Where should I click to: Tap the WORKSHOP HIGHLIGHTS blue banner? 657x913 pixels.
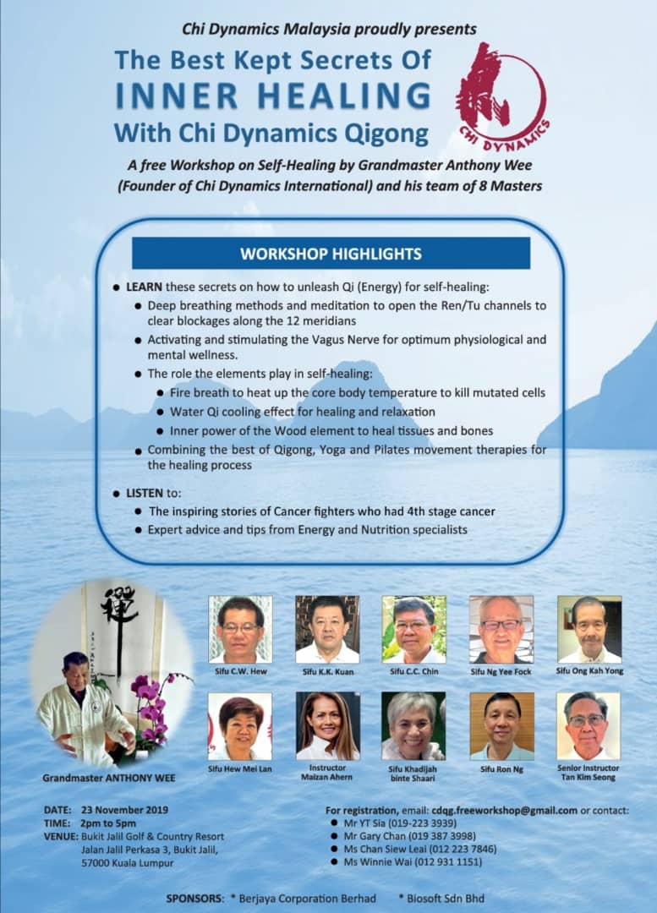pos(331,254)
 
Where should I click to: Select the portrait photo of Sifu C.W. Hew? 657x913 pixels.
pos(240,629)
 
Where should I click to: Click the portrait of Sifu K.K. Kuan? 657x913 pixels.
pos(327,629)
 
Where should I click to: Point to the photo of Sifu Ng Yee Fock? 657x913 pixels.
pos(501,629)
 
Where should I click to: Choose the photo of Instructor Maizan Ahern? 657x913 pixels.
pos(327,725)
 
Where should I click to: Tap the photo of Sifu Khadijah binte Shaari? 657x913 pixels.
pos(413,725)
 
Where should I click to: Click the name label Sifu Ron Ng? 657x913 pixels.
pos(501,768)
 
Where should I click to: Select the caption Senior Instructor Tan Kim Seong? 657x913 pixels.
pos(589,773)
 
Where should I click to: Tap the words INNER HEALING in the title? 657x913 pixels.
pos(273,96)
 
